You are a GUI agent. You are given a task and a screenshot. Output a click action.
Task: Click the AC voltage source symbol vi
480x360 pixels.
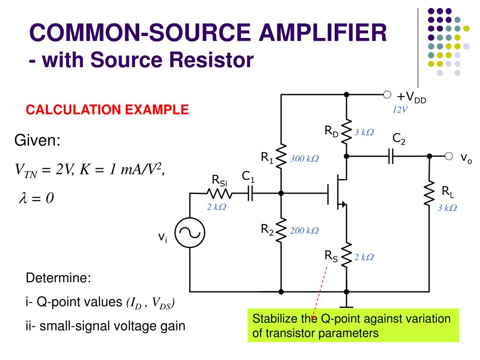point(189,233)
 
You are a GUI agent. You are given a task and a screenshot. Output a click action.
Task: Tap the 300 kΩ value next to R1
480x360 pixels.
point(304,159)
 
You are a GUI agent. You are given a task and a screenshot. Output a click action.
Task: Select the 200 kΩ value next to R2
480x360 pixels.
point(304,231)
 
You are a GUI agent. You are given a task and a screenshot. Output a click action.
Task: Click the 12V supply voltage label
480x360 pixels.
point(400,110)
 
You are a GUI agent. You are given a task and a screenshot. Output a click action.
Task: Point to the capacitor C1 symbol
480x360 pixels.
point(250,193)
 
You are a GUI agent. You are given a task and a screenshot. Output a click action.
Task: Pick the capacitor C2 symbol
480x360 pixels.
point(390,157)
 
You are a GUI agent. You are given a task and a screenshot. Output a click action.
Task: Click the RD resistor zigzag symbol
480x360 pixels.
point(346,133)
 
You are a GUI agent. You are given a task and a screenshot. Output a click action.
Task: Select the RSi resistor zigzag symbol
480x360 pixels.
point(218,193)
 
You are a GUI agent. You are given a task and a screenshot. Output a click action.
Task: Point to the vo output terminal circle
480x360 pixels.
point(449,156)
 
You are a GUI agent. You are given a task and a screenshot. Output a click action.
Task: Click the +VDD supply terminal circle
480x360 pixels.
point(387,95)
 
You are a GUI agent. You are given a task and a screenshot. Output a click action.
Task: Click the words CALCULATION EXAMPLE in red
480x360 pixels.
point(107,110)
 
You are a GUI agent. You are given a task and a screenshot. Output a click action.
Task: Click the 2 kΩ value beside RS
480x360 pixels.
point(364,257)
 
